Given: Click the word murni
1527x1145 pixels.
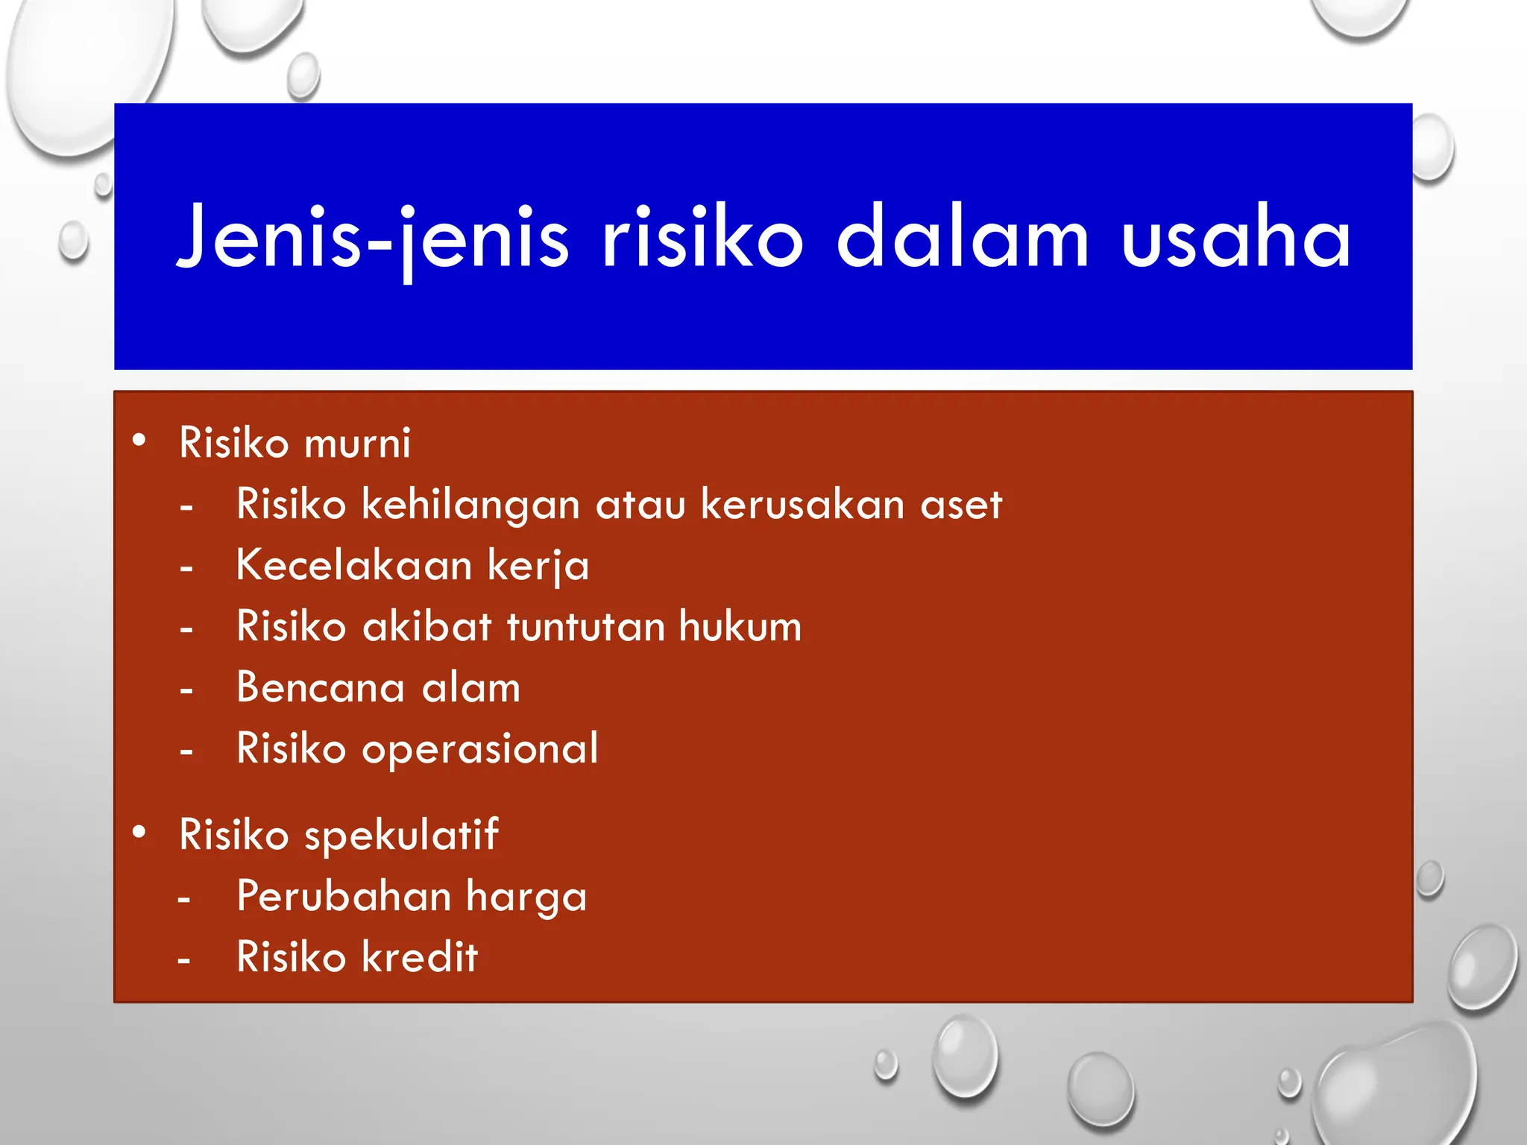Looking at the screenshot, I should click(x=357, y=444).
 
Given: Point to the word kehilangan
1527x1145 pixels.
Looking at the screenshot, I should click(x=470, y=505).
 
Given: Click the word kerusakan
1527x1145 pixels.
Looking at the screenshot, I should click(x=802, y=505).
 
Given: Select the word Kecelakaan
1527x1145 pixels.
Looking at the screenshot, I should click(x=354, y=565).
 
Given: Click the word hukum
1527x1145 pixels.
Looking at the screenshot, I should click(x=740, y=626).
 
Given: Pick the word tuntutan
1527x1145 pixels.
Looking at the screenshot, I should click(x=585, y=627).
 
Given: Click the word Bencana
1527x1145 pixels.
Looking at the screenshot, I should click(x=321, y=687).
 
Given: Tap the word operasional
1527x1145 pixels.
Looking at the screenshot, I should click(x=480, y=749).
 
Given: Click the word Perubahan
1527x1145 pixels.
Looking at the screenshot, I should click(x=344, y=897).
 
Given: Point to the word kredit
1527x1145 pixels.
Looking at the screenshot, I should click(x=419, y=957).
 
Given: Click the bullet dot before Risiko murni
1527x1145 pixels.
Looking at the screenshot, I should click(x=139, y=441).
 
